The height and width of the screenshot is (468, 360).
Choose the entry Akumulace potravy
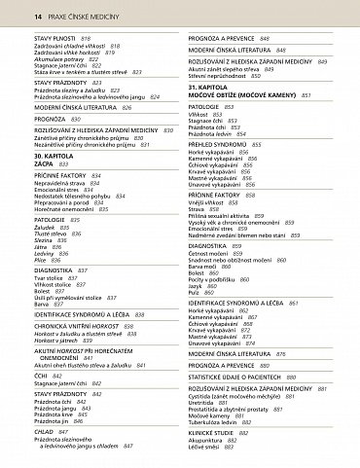point(64,59)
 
